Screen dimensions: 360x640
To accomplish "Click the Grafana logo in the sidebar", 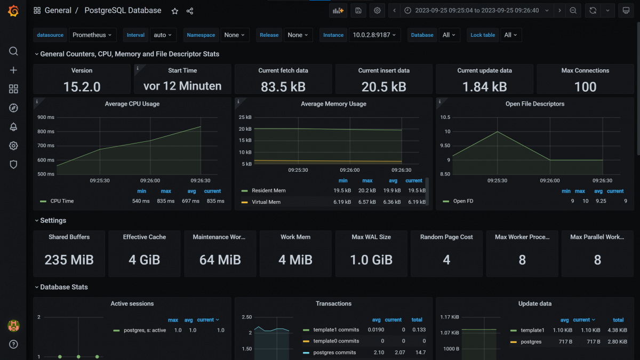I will point(13,11).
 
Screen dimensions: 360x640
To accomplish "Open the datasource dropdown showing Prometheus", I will point(92,35).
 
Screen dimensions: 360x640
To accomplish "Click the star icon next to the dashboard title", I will point(175,11).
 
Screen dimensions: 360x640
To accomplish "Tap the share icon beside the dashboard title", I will point(190,11).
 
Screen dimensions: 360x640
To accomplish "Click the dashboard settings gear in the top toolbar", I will point(377,11).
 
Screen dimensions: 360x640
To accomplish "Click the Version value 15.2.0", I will point(82,87).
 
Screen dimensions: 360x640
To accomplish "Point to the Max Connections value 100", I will point(585,87).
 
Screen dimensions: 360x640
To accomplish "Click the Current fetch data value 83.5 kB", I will point(283,87).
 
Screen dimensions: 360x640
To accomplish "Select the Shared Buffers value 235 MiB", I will point(69,260).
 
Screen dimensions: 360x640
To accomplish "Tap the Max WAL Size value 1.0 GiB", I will point(371,260).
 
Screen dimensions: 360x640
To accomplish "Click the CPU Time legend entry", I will point(62,201).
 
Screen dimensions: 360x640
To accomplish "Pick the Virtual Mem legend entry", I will point(266,202).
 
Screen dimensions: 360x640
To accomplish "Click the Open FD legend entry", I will point(463,201).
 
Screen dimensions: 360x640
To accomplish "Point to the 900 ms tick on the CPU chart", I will point(45,117).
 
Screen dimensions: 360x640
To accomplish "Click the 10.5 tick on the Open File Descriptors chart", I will point(444,117).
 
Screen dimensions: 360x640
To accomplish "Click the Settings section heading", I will point(53,220).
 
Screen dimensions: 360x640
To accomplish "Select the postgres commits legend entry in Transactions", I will point(334,353).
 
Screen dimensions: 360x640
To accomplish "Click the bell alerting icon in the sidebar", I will point(13,127).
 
